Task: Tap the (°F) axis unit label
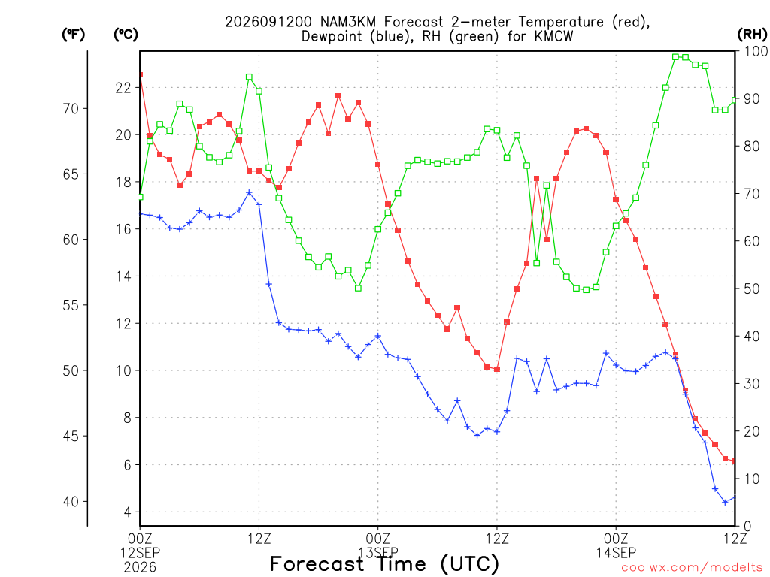point(73,35)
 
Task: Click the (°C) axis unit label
point(126,35)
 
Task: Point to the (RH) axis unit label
point(752,35)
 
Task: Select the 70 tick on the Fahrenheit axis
point(71,108)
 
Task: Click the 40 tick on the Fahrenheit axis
point(71,501)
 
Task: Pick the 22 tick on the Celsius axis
point(123,88)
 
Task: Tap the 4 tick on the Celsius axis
point(128,512)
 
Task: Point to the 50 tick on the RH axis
point(752,288)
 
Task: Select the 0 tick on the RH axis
point(747,526)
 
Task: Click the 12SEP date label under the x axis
point(141,553)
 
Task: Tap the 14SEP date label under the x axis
point(617,553)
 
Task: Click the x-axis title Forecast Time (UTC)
point(384,564)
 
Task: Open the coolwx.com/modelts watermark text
point(692,568)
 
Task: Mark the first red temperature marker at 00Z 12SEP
point(141,74)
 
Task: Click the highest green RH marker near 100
point(676,57)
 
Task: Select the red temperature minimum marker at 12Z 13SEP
point(497,369)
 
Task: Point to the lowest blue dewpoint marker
point(726,502)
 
